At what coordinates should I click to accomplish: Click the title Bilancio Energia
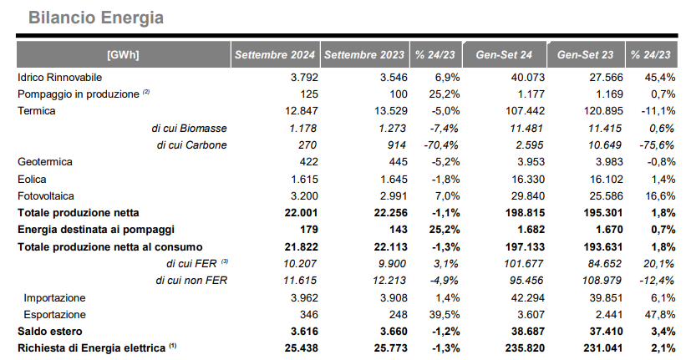point(96,18)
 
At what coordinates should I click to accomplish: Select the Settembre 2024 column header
point(275,54)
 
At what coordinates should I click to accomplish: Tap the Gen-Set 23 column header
point(586,54)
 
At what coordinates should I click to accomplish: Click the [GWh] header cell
point(123,54)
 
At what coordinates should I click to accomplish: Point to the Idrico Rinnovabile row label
point(59,78)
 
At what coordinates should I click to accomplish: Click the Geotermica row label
point(44,162)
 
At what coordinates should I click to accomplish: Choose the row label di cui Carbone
point(191,145)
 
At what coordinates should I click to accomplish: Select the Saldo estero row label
point(50,331)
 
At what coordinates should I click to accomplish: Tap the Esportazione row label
point(54,315)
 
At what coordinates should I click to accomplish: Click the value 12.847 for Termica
point(302,110)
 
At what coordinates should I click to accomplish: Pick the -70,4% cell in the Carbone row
point(441,145)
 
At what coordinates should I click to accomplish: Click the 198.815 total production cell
point(526,213)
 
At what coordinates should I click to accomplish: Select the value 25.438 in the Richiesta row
point(301,348)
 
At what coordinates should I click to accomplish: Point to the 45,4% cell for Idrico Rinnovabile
point(660,78)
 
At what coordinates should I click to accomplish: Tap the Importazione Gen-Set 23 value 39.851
point(606,298)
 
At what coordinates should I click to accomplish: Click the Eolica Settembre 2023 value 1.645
point(394,180)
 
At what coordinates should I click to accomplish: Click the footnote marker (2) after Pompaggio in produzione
point(146,92)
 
